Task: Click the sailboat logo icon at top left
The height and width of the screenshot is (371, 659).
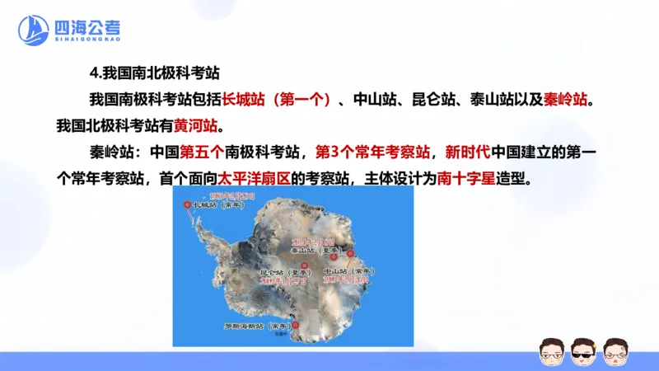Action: (33, 31)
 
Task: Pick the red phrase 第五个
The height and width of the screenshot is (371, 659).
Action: (202, 153)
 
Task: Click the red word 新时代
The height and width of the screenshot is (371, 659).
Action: (467, 153)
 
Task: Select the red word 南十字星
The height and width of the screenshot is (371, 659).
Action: (466, 178)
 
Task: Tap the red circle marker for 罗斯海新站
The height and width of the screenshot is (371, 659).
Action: (295, 324)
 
